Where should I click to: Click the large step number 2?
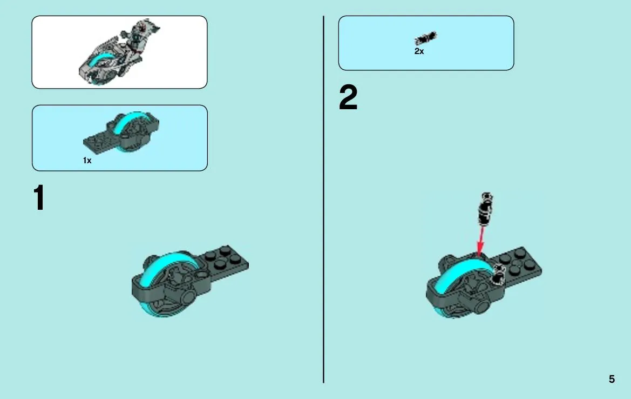(348, 97)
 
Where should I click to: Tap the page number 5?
(612, 379)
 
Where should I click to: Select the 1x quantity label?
(87, 161)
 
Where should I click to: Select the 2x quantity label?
(419, 51)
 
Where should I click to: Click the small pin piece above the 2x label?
(426, 38)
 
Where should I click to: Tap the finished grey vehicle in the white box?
(119, 52)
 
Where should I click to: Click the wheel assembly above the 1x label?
(121, 133)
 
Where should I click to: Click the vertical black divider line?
(323, 199)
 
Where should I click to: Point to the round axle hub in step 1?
(188, 298)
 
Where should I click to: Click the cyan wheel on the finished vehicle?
(99, 61)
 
